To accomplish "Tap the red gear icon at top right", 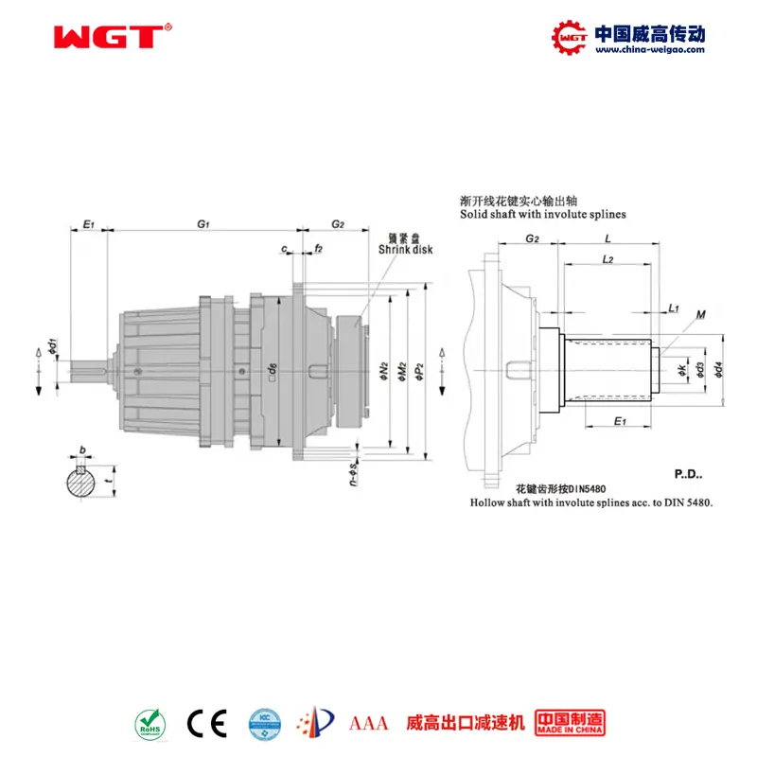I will (570, 36).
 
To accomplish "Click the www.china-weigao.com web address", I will (649, 50).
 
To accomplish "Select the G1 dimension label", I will (202, 223).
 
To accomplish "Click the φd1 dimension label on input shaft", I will (54, 346).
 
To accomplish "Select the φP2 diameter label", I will (421, 369).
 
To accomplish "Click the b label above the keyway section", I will (83, 450).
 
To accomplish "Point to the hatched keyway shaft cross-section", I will (82, 483).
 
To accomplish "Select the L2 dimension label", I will (608, 257).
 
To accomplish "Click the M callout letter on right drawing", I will (699, 314).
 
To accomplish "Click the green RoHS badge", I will (150, 723).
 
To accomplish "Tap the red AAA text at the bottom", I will (369, 724).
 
